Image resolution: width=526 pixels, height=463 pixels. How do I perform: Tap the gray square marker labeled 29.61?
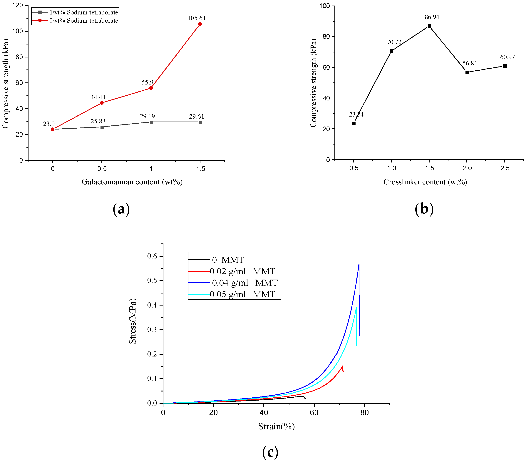200,122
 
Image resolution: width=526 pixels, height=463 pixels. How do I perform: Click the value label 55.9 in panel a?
148,82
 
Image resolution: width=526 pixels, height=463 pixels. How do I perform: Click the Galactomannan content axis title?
132,182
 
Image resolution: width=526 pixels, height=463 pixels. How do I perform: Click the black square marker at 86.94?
429,26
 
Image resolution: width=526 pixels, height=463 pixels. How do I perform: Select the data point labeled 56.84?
467,72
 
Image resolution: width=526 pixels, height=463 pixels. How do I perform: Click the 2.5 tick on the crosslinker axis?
505,168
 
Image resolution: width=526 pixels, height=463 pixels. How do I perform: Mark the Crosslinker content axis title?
425,182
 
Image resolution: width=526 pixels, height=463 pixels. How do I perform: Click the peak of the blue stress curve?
359,264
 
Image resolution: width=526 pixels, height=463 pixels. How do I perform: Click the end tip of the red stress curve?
343,371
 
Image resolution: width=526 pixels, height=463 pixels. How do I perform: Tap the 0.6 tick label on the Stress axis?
152,256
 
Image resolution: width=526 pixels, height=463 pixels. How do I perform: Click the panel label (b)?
424,209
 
